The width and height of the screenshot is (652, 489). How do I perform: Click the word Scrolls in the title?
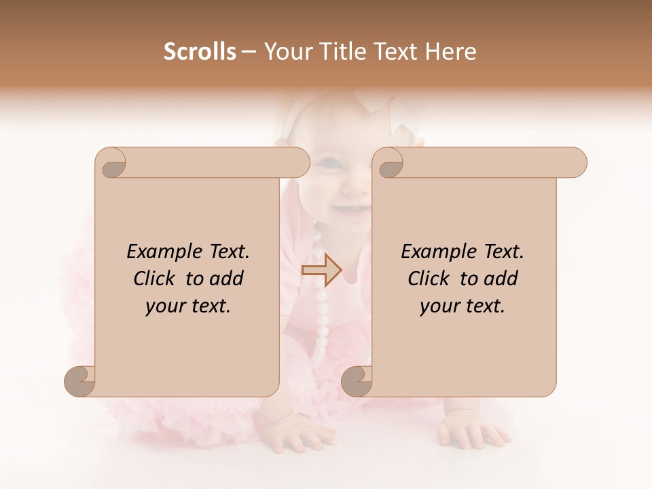coord(200,52)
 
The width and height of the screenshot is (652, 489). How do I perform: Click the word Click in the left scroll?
coord(155,278)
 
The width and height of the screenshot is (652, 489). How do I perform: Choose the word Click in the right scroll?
coord(429,278)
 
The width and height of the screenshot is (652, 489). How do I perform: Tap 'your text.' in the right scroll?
coord(463,306)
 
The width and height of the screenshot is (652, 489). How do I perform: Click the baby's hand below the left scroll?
coord(299,431)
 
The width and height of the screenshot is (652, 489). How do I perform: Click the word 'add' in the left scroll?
coord(228,278)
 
